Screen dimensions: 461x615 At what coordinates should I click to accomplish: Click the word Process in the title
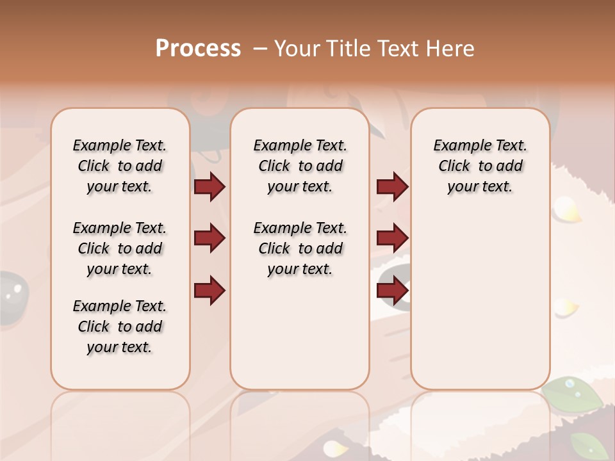click(x=198, y=49)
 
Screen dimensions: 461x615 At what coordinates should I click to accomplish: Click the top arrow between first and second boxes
click(x=209, y=187)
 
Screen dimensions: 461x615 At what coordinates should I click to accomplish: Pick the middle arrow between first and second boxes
click(x=209, y=238)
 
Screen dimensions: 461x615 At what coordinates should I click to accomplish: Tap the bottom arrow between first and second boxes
click(x=209, y=290)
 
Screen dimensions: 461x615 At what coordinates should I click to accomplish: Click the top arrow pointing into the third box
click(x=392, y=187)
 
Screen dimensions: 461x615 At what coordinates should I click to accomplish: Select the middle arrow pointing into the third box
click(x=392, y=238)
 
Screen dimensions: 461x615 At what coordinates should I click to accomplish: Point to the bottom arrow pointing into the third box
click(x=392, y=290)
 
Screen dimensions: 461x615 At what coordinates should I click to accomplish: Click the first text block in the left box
click(x=120, y=166)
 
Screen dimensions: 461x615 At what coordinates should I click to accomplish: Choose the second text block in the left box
click(x=120, y=248)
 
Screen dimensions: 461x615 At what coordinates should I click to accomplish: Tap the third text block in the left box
click(x=120, y=327)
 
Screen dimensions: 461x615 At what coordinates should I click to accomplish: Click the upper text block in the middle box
click(x=300, y=166)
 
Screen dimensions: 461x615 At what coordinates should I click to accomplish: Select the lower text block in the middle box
click(x=300, y=248)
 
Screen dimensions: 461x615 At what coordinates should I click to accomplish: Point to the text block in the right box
click(x=480, y=166)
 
